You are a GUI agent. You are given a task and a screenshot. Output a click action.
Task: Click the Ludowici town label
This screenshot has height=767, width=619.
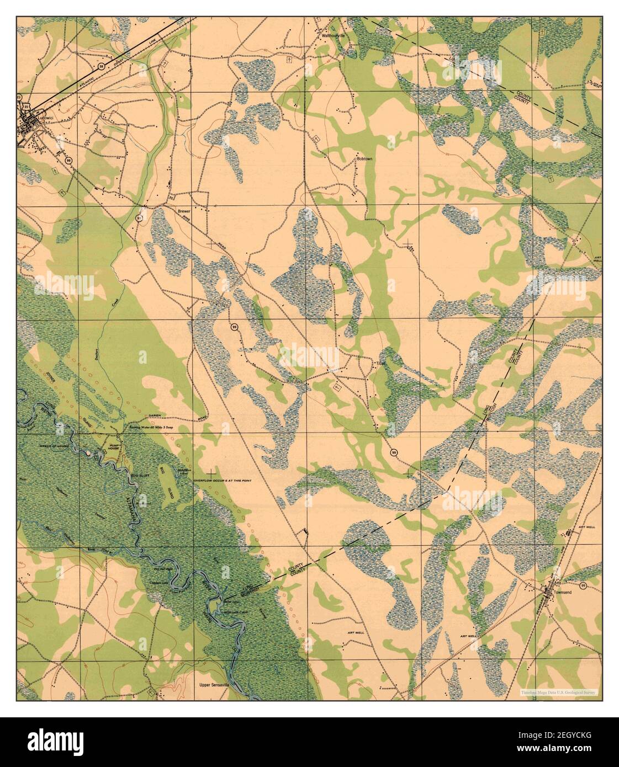click(46, 117)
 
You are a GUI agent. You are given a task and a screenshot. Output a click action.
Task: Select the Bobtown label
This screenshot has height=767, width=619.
click(365, 159)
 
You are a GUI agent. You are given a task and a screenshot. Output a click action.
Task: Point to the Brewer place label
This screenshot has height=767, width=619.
click(183, 211)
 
